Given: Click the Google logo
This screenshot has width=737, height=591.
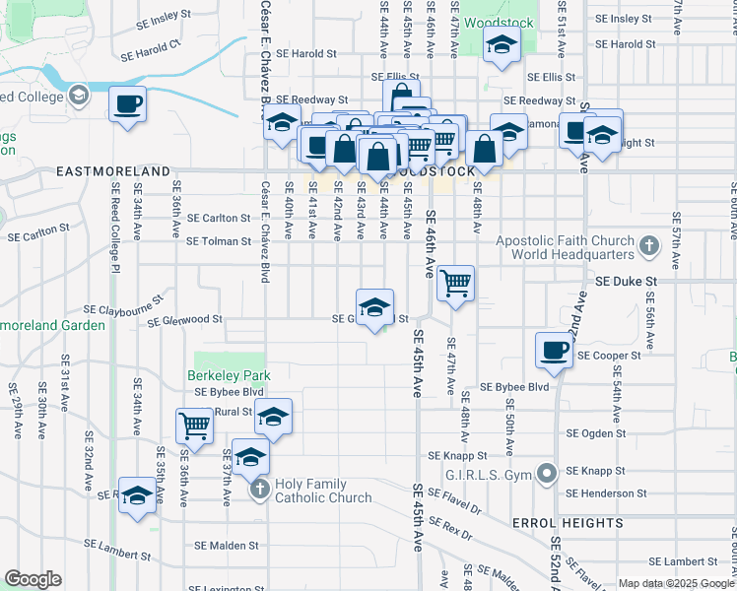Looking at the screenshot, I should [x=33, y=579].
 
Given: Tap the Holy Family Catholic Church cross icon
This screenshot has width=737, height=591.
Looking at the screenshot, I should [x=258, y=489].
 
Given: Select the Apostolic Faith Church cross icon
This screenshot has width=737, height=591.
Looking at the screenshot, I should [x=648, y=244].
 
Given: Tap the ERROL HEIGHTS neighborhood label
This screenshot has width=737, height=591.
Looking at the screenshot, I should [x=567, y=522].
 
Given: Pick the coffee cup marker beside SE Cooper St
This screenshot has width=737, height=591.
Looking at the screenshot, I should [x=554, y=350].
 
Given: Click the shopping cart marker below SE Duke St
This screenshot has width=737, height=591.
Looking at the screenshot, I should [x=455, y=284].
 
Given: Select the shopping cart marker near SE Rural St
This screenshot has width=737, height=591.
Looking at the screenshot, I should [x=194, y=427].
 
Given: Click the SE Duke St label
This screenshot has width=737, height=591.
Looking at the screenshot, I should [x=627, y=281].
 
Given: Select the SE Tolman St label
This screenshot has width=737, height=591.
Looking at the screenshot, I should [x=208, y=240].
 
